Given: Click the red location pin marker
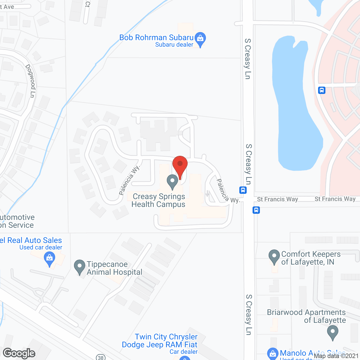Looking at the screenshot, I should click(180, 165).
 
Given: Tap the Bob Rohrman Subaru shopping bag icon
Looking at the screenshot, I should click(200, 38).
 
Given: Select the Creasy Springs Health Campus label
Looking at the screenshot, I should click(159, 200).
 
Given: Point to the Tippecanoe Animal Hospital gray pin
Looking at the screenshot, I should click(80, 266).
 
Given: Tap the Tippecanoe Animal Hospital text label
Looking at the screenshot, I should click(114, 268).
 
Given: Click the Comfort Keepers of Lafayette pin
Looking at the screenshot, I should click(274, 256).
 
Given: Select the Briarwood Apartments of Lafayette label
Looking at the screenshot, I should click(306, 316).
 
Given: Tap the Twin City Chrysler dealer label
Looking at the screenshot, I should click(160, 341).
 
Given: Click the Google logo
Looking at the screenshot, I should click(19, 353).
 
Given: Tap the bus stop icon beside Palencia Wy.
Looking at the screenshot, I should click(243, 190).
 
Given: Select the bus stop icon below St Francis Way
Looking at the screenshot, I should click(256, 210).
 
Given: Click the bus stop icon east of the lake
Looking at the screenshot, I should click(322, 90).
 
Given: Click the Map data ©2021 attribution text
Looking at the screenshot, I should click(336, 356).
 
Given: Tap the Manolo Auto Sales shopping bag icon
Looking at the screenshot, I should click(273, 353).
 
